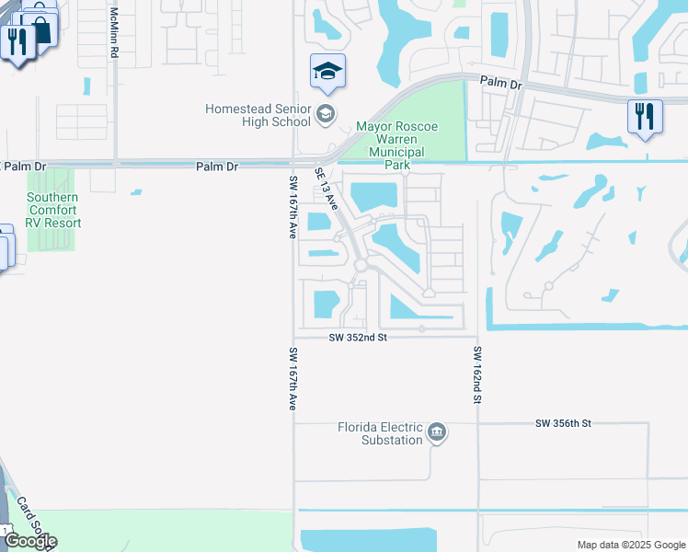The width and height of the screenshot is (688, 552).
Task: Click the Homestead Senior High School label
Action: [x=258, y=115]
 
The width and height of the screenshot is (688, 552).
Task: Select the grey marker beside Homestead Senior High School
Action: [x=324, y=115]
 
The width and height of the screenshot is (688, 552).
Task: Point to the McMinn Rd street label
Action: [x=114, y=34]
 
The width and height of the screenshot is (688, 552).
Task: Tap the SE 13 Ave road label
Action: [x=327, y=187]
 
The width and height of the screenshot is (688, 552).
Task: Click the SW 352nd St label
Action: [x=359, y=338]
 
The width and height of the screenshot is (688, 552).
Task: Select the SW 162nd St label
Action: [x=477, y=376]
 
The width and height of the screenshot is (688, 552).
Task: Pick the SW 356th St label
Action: [x=562, y=423]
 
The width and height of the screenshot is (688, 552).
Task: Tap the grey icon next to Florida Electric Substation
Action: [x=438, y=433]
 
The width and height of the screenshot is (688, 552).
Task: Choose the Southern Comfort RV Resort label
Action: [x=52, y=210]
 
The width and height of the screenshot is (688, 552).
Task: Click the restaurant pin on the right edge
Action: [x=645, y=117]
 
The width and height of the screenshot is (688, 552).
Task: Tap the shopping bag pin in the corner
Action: [x=40, y=26]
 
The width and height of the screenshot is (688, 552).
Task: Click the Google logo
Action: [x=30, y=541]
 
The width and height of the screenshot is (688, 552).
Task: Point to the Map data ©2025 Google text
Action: [x=630, y=545]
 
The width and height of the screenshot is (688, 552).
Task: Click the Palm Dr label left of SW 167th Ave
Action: [x=217, y=167]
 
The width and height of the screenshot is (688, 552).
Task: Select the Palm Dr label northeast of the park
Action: [x=500, y=83]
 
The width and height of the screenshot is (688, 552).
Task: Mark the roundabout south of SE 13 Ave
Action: [x=361, y=266]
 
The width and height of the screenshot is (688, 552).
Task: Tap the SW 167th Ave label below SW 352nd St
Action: [x=292, y=378]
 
